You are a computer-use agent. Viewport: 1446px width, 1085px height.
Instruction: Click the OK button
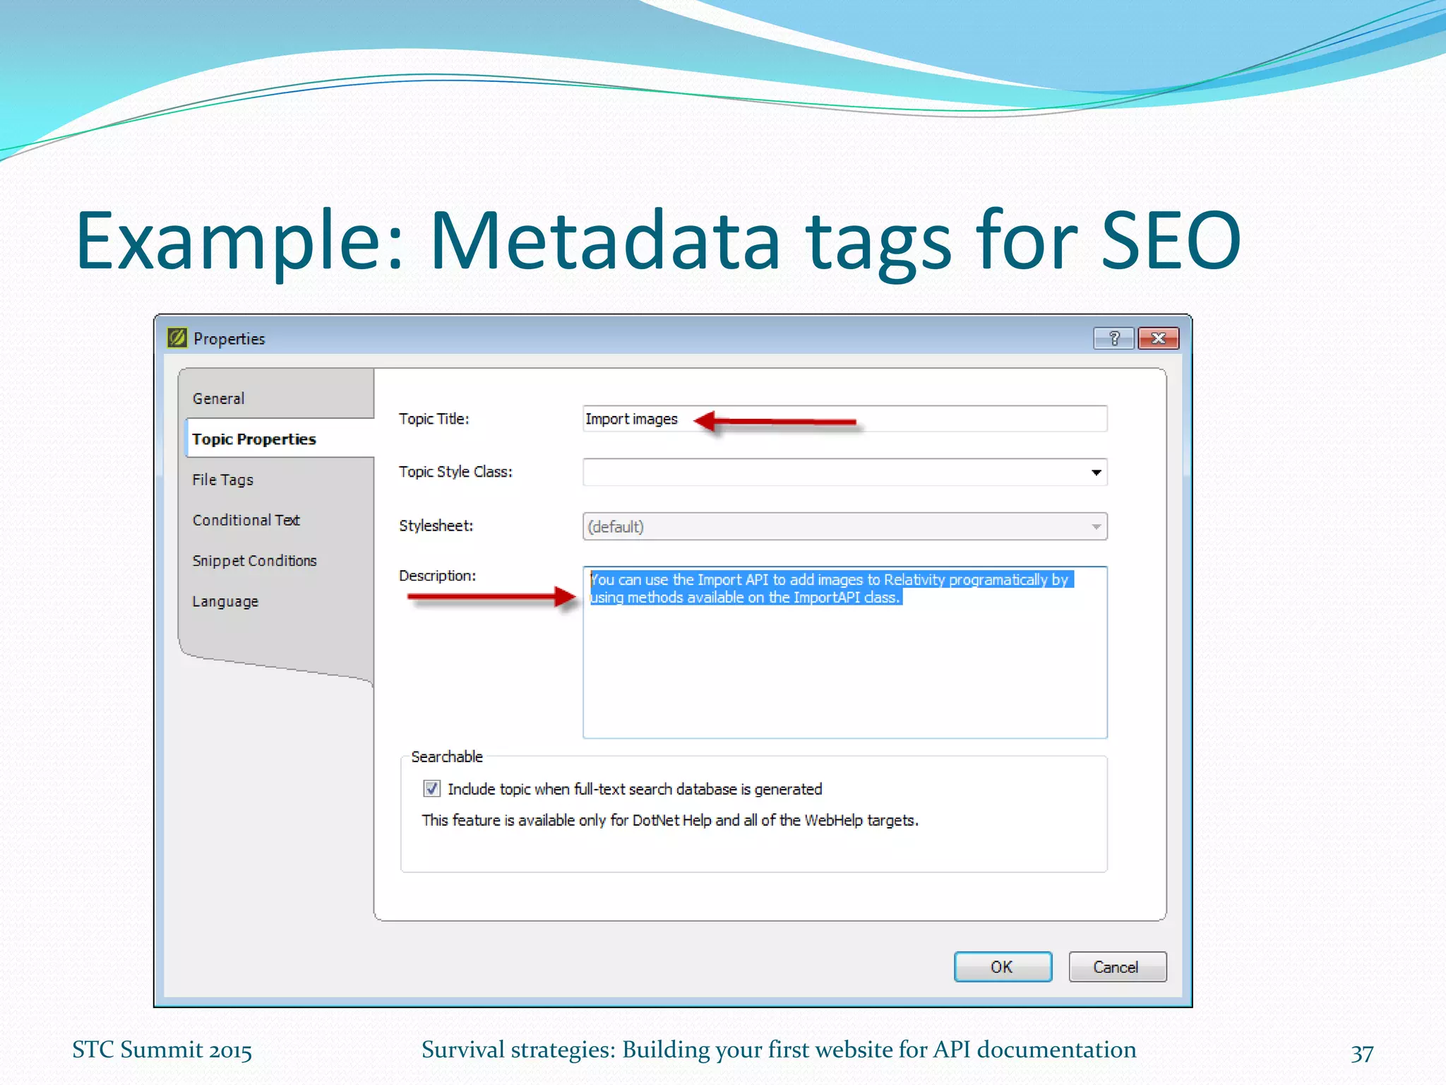click(1002, 966)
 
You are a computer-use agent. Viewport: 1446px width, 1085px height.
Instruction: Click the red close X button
click(1158, 338)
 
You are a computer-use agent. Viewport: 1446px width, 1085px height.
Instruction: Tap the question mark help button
click(1113, 338)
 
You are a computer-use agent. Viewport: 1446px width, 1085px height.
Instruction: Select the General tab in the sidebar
click(219, 398)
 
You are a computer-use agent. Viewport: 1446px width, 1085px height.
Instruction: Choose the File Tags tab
click(223, 480)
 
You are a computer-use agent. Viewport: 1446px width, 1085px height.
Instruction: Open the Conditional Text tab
click(246, 520)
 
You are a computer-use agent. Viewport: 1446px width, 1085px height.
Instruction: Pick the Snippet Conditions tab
click(255, 561)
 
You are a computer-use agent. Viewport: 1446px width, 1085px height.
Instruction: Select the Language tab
click(226, 601)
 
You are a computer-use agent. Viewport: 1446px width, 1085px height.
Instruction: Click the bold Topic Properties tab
click(254, 439)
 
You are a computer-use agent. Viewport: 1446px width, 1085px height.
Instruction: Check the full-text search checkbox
click(431, 788)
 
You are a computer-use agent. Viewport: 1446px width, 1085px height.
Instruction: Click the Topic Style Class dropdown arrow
click(1096, 472)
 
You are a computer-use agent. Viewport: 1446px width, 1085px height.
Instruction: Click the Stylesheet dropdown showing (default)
click(844, 526)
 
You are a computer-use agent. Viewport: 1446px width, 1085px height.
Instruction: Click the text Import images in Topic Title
click(631, 419)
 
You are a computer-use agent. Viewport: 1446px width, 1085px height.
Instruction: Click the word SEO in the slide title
click(1170, 241)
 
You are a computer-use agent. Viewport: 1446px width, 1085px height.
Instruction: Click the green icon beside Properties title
click(177, 338)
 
